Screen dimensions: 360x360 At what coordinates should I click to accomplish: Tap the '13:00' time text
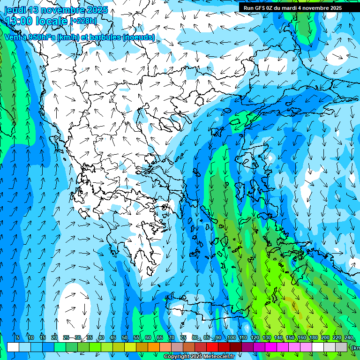coord(19,21)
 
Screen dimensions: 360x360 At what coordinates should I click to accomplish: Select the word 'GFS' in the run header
coord(260,7)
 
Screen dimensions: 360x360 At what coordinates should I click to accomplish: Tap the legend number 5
coord(17,337)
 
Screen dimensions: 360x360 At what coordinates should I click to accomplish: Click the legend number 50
coord(125,337)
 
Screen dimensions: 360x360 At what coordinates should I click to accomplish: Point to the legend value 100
coord(232,337)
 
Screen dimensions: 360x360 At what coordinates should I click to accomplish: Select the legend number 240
coord(349,337)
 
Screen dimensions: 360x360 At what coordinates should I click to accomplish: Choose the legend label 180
coord(314,337)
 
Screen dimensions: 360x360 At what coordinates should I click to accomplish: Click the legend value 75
coord(183,337)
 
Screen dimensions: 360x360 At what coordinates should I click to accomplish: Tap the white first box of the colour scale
coord(13,347)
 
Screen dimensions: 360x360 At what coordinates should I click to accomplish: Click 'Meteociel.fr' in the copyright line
coord(218,357)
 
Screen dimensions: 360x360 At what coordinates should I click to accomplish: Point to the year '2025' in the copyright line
coord(195,357)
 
